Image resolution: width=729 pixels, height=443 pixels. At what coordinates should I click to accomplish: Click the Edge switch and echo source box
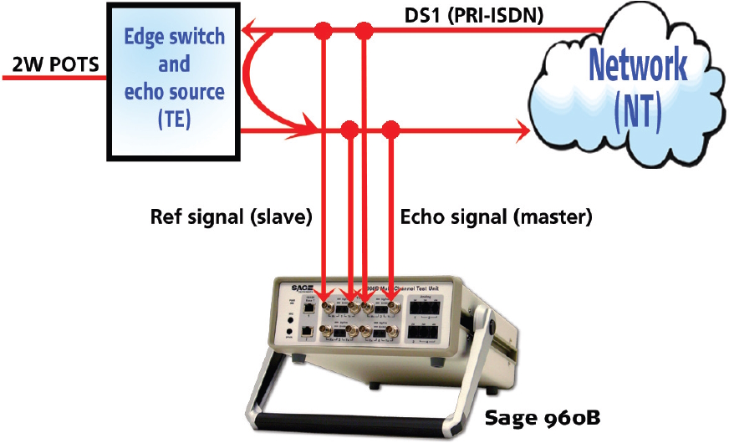coord(173,79)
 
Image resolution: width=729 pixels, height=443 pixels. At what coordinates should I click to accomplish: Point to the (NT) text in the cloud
coord(637,106)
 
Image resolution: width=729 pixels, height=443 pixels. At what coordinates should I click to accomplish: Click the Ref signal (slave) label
coord(231,218)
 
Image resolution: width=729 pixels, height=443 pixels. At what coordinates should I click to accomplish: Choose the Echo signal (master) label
coord(496,218)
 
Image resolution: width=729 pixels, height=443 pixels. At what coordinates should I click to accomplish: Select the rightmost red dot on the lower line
coord(389,130)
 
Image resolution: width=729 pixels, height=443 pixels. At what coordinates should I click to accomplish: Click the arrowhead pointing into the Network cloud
coord(522,130)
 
